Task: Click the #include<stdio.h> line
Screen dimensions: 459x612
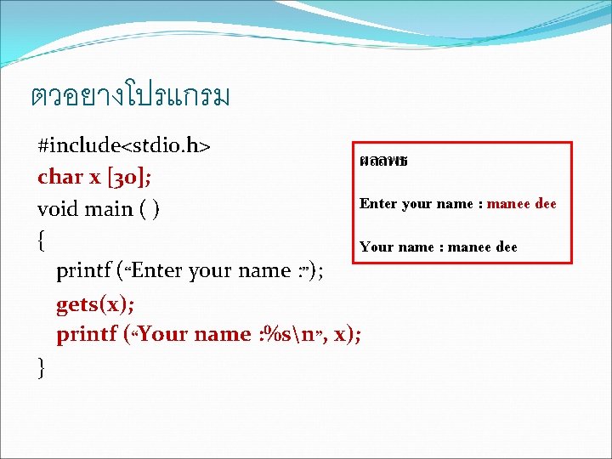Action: click(x=124, y=145)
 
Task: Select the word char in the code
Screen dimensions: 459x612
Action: click(x=59, y=177)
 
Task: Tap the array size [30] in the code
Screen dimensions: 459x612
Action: click(x=127, y=177)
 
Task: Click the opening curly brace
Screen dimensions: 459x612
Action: click(x=42, y=241)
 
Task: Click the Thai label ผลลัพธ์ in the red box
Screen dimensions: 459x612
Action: click(x=383, y=161)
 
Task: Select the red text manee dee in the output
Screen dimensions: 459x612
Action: click(x=521, y=204)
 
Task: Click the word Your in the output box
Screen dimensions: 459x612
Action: click(x=375, y=247)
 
